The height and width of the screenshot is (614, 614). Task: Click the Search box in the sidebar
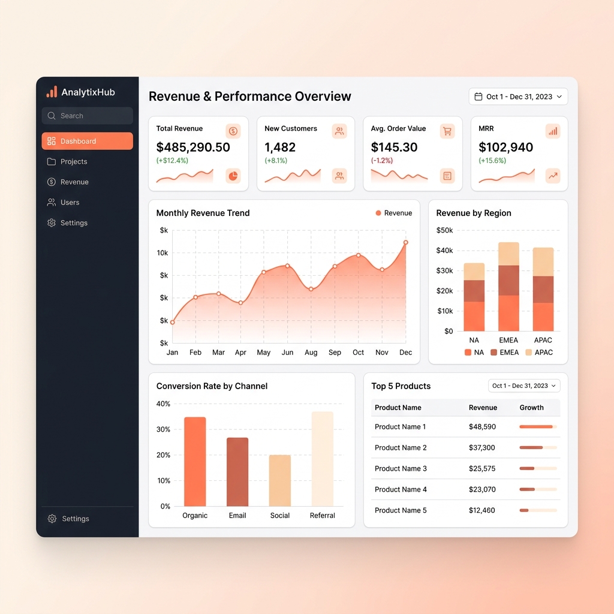(87, 116)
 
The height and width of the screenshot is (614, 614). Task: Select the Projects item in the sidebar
(73, 161)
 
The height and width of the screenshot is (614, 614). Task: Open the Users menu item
(70, 202)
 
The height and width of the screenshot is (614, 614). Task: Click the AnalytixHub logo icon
(52, 92)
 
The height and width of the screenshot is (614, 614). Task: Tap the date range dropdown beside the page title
(518, 97)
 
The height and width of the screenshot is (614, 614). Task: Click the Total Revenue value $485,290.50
(193, 147)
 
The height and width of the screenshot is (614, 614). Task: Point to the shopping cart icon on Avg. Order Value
(447, 131)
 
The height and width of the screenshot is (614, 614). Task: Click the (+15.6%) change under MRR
(492, 161)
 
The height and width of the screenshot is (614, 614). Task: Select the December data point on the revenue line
(406, 243)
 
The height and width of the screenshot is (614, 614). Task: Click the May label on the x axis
(264, 353)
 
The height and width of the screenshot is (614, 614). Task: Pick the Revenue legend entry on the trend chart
(394, 213)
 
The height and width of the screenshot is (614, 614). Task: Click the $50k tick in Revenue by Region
(444, 230)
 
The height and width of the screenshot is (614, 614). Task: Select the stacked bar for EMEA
(508, 287)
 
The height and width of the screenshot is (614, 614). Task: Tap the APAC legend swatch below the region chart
(528, 353)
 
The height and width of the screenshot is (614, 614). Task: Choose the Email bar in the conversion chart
(237, 472)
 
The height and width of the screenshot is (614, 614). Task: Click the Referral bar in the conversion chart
(323, 459)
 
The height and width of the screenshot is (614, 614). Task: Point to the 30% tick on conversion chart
(163, 429)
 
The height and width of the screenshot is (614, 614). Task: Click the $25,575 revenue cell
(482, 468)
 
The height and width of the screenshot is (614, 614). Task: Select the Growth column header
(531, 408)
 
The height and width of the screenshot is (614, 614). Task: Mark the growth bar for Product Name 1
(537, 427)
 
